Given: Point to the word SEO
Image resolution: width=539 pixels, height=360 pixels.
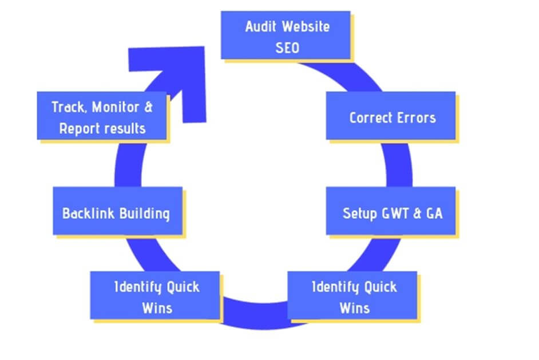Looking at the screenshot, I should pos(287,47).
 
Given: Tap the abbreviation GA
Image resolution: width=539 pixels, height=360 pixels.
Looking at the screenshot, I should pos(433,213).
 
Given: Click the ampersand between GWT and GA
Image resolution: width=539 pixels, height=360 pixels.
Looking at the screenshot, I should pos(417,213).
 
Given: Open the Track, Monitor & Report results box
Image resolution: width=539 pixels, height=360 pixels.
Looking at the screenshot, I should pos(102,116).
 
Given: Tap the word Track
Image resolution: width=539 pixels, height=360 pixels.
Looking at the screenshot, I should pos(66,107).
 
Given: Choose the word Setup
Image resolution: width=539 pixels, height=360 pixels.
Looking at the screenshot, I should pos(359,213).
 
